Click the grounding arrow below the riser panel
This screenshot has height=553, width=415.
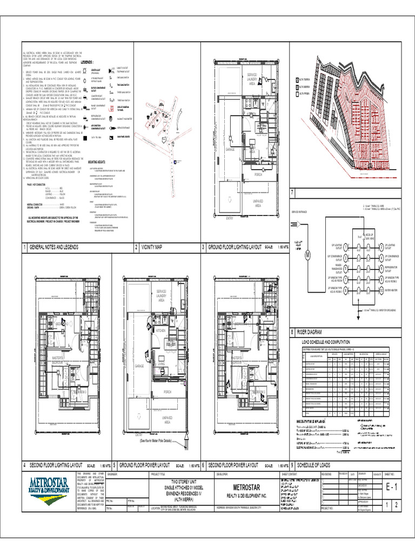358,311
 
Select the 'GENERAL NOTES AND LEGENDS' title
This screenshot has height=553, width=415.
54,247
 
